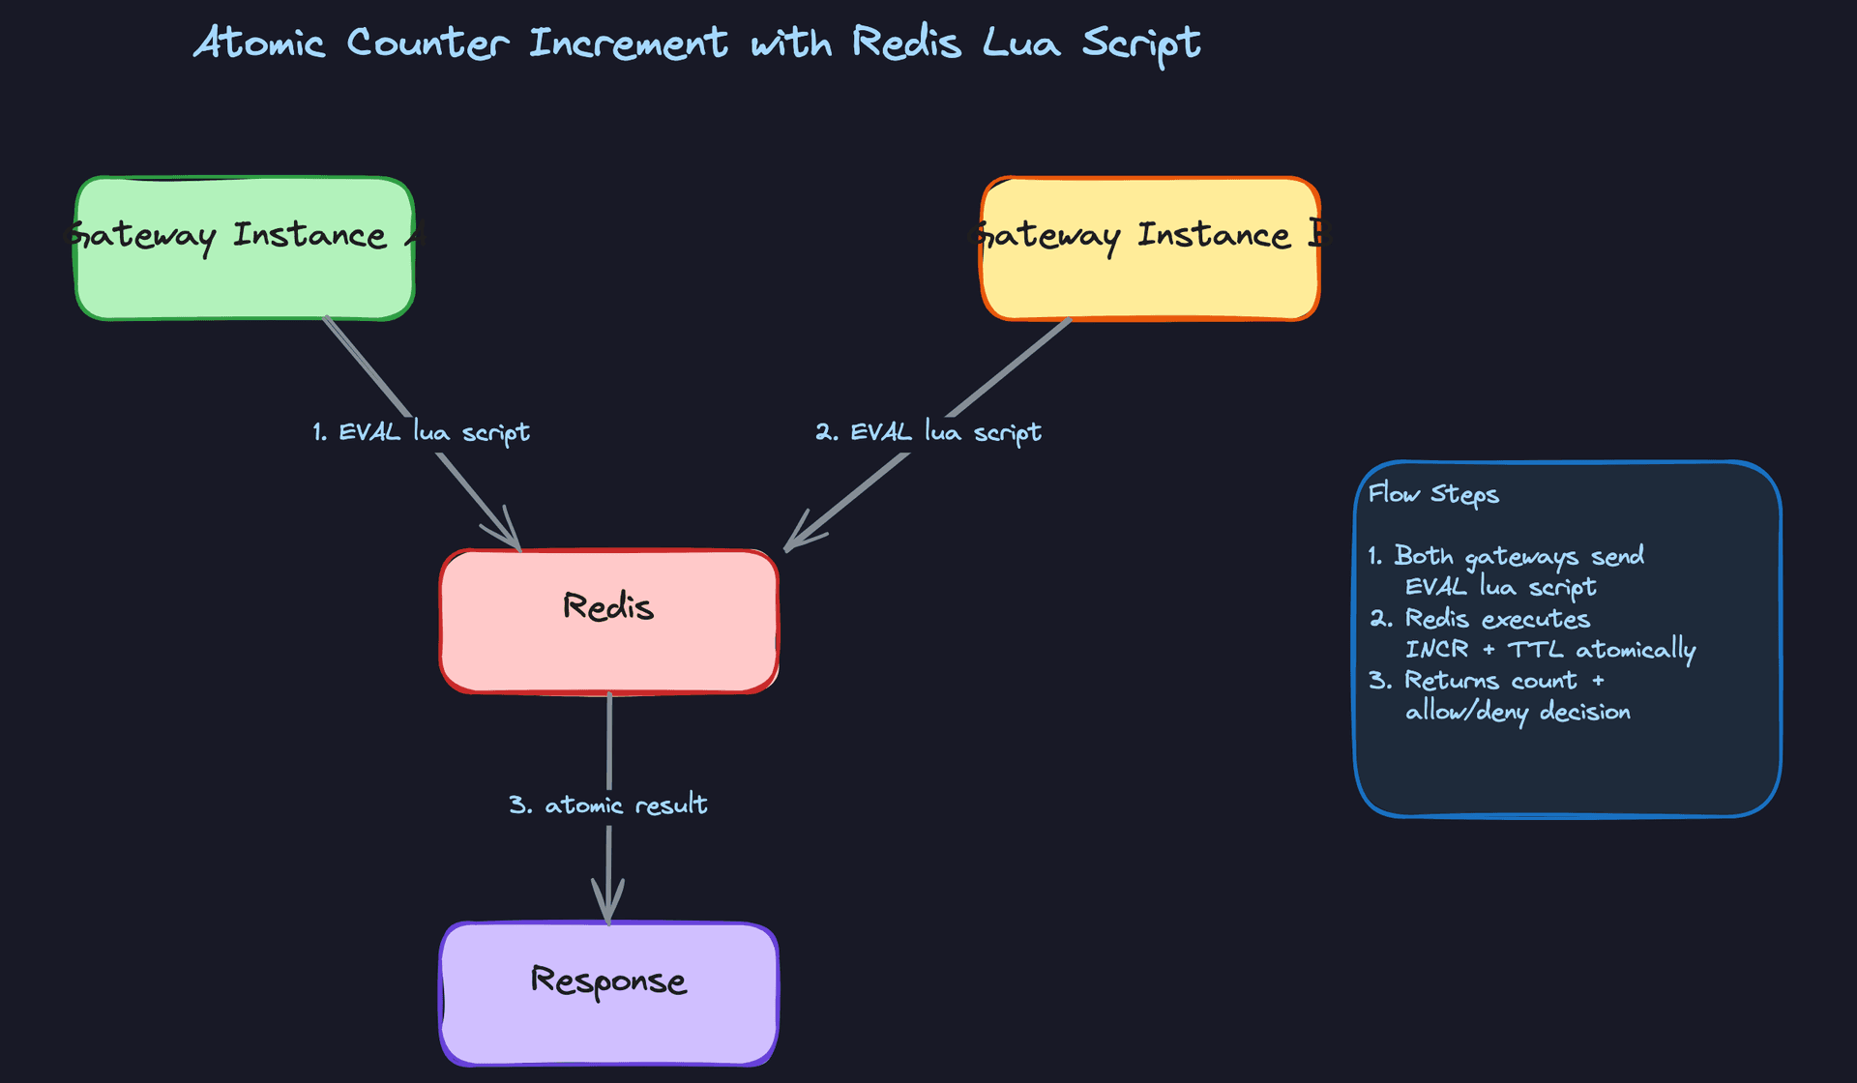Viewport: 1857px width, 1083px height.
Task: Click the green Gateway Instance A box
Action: pyautogui.click(x=245, y=249)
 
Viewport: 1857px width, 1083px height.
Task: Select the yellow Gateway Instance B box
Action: pyautogui.click(x=1150, y=249)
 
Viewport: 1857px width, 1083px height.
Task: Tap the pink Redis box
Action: pyautogui.click(x=608, y=621)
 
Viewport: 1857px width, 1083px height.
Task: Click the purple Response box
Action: pyautogui.click(x=608, y=993)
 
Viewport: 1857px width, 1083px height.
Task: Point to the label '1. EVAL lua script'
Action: pyautogui.click(x=421, y=431)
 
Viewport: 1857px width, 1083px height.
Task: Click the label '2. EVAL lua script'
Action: pyautogui.click(x=928, y=431)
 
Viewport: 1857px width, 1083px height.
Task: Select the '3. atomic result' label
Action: pyautogui.click(x=607, y=805)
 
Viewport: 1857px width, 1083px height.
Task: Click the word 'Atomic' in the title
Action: pyautogui.click(x=259, y=43)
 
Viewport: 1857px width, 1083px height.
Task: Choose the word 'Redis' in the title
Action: pyautogui.click(x=906, y=43)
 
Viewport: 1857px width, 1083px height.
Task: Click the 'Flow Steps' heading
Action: pyautogui.click(x=1433, y=494)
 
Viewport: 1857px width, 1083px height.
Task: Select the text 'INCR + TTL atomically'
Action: pyautogui.click(x=1549, y=649)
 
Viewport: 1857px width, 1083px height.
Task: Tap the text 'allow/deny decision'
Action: pyautogui.click(x=1517, y=712)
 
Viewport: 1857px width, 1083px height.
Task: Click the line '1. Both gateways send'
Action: pyautogui.click(x=1506, y=556)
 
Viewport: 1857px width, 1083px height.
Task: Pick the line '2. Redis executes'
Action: pyautogui.click(x=1480, y=619)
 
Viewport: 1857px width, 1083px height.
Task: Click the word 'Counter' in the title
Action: pyautogui.click(x=427, y=43)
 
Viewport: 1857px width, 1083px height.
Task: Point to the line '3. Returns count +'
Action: pyautogui.click(x=1487, y=681)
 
